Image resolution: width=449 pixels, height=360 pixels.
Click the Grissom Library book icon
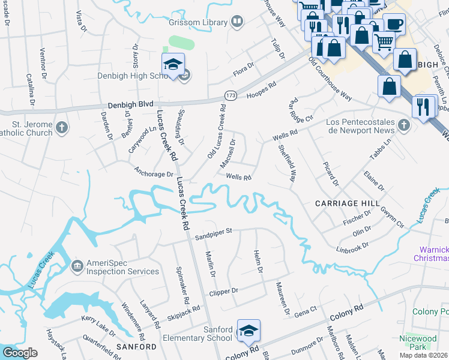click(238, 23)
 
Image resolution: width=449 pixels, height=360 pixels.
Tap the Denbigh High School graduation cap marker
click(172, 64)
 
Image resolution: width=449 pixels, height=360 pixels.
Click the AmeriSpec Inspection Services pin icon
click(77, 266)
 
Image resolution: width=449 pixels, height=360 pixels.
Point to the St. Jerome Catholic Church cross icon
click(62, 128)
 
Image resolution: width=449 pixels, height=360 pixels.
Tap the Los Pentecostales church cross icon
click(404, 125)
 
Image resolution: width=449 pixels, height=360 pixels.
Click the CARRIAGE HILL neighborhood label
click(344, 204)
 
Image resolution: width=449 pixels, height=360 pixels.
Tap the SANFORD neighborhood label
click(136, 347)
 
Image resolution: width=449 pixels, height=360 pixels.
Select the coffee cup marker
click(394, 25)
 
